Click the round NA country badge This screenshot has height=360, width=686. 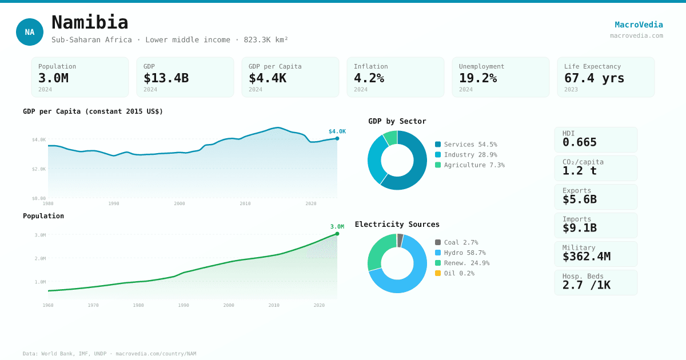[x=30, y=32]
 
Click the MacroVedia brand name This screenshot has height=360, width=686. [x=639, y=25]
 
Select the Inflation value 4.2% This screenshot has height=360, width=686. [x=369, y=78]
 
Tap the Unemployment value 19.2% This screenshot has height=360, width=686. [x=477, y=78]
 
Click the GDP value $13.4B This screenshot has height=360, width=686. [x=166, y=78]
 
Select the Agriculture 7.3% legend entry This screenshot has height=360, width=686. [x=470, y=165]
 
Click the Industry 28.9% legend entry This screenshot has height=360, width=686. [x=466, y=155]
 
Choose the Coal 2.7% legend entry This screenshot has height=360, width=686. [x=457, y=242]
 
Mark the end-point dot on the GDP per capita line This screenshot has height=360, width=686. [x=337, y=138]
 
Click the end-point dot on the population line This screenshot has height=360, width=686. [x=337, y=234]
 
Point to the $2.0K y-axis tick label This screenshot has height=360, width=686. [x=39, y=169]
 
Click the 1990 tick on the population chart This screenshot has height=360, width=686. [x=184, y=305]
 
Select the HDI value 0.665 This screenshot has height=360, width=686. [x=579, y=142]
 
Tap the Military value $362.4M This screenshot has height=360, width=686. [x=586, y=257]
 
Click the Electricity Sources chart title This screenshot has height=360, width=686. [x=397, y=225]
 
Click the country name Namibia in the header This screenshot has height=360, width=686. [x=90, y=22]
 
